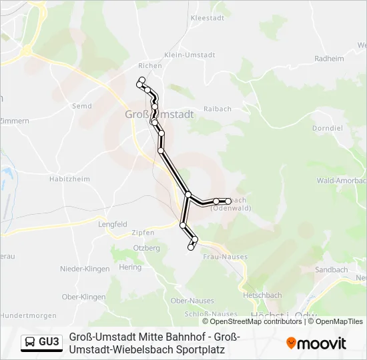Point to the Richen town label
pyautogui.click(x=150, y=66)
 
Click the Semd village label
pyautogui.click(x=81, y=106)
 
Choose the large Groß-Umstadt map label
pyautogui.click(x=159, y=114)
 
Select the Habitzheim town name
pyautogui.click(x=69, y=179)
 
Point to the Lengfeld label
pyautogui.click(x=113, y=225)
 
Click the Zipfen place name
pyautogui.click(x=143, y=233)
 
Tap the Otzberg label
pyautogui.click(x=147, y=248)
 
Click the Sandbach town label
pyautogui.click(x=332, y=270)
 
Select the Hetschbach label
pyautogui.click(x=262, y=295)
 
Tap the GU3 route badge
pyautogui.click(x=42, y=342)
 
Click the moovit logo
pyautogui.click(x=316, y=343)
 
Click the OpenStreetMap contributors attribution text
pyautogui.click(x=256, y=321)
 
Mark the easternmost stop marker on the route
pyautogui.click(x=229, y=201)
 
